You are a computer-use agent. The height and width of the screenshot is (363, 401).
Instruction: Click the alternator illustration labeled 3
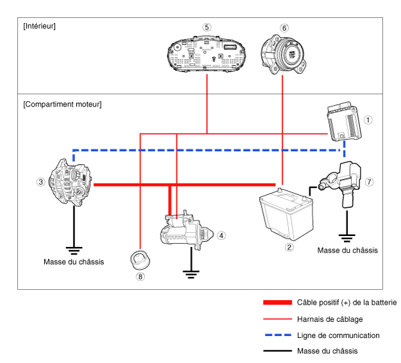pos(71,182)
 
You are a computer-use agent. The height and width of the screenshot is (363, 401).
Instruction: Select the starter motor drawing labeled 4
pos(187,230)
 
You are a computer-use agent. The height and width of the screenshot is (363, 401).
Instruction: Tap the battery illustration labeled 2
pos(286,214)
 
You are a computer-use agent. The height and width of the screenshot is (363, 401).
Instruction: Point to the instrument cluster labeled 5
pos(207,54)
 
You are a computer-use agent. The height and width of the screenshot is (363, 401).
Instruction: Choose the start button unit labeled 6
pos(283,55)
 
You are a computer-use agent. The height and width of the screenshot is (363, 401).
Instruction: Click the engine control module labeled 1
pos(344,121)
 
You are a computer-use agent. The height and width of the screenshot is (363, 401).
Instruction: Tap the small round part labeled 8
pos(140,260)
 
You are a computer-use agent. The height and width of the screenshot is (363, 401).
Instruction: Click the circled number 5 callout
pos(207,27)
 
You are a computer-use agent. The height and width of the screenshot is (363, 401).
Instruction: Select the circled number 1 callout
pos(368,120)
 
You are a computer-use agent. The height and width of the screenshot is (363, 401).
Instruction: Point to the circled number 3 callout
pos(41,182)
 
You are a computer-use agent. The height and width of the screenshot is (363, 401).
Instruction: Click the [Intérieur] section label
pos(39,26)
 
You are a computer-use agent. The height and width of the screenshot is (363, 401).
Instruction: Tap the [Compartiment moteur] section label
pos(62,105)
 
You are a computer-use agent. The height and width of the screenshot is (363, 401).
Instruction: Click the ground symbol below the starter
pos(191,274)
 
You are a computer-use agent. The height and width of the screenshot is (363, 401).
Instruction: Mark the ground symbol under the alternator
pos(74,251)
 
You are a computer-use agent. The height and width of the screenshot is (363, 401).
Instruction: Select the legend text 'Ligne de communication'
pos(338,335)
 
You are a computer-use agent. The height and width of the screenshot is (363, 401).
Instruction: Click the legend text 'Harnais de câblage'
pos(330,319)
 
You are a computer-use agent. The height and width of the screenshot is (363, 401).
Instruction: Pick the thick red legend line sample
pos(277,303)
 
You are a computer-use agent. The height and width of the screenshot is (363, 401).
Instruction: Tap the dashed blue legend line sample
pos(278,335)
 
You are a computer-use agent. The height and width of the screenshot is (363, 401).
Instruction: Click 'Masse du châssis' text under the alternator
pos(74,262)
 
